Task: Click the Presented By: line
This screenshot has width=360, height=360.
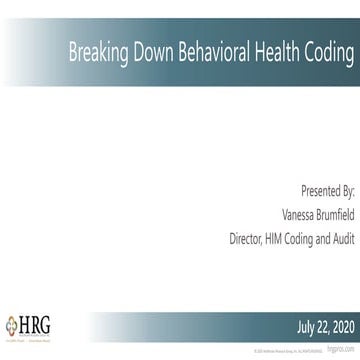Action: tap(327, 189)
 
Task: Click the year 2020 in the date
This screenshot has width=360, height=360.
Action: tap(341, 326)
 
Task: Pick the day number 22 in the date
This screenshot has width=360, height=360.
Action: tap(322, 326)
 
